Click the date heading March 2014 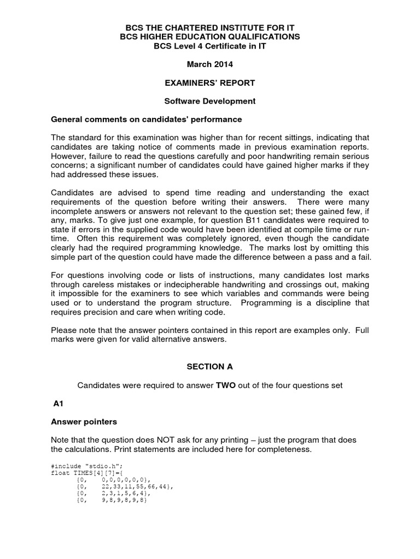point(210,64)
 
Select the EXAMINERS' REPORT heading point(210,83)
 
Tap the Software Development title point(210,101)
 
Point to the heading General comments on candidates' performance point(146,119)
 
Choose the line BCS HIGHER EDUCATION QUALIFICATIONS point(210,37)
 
